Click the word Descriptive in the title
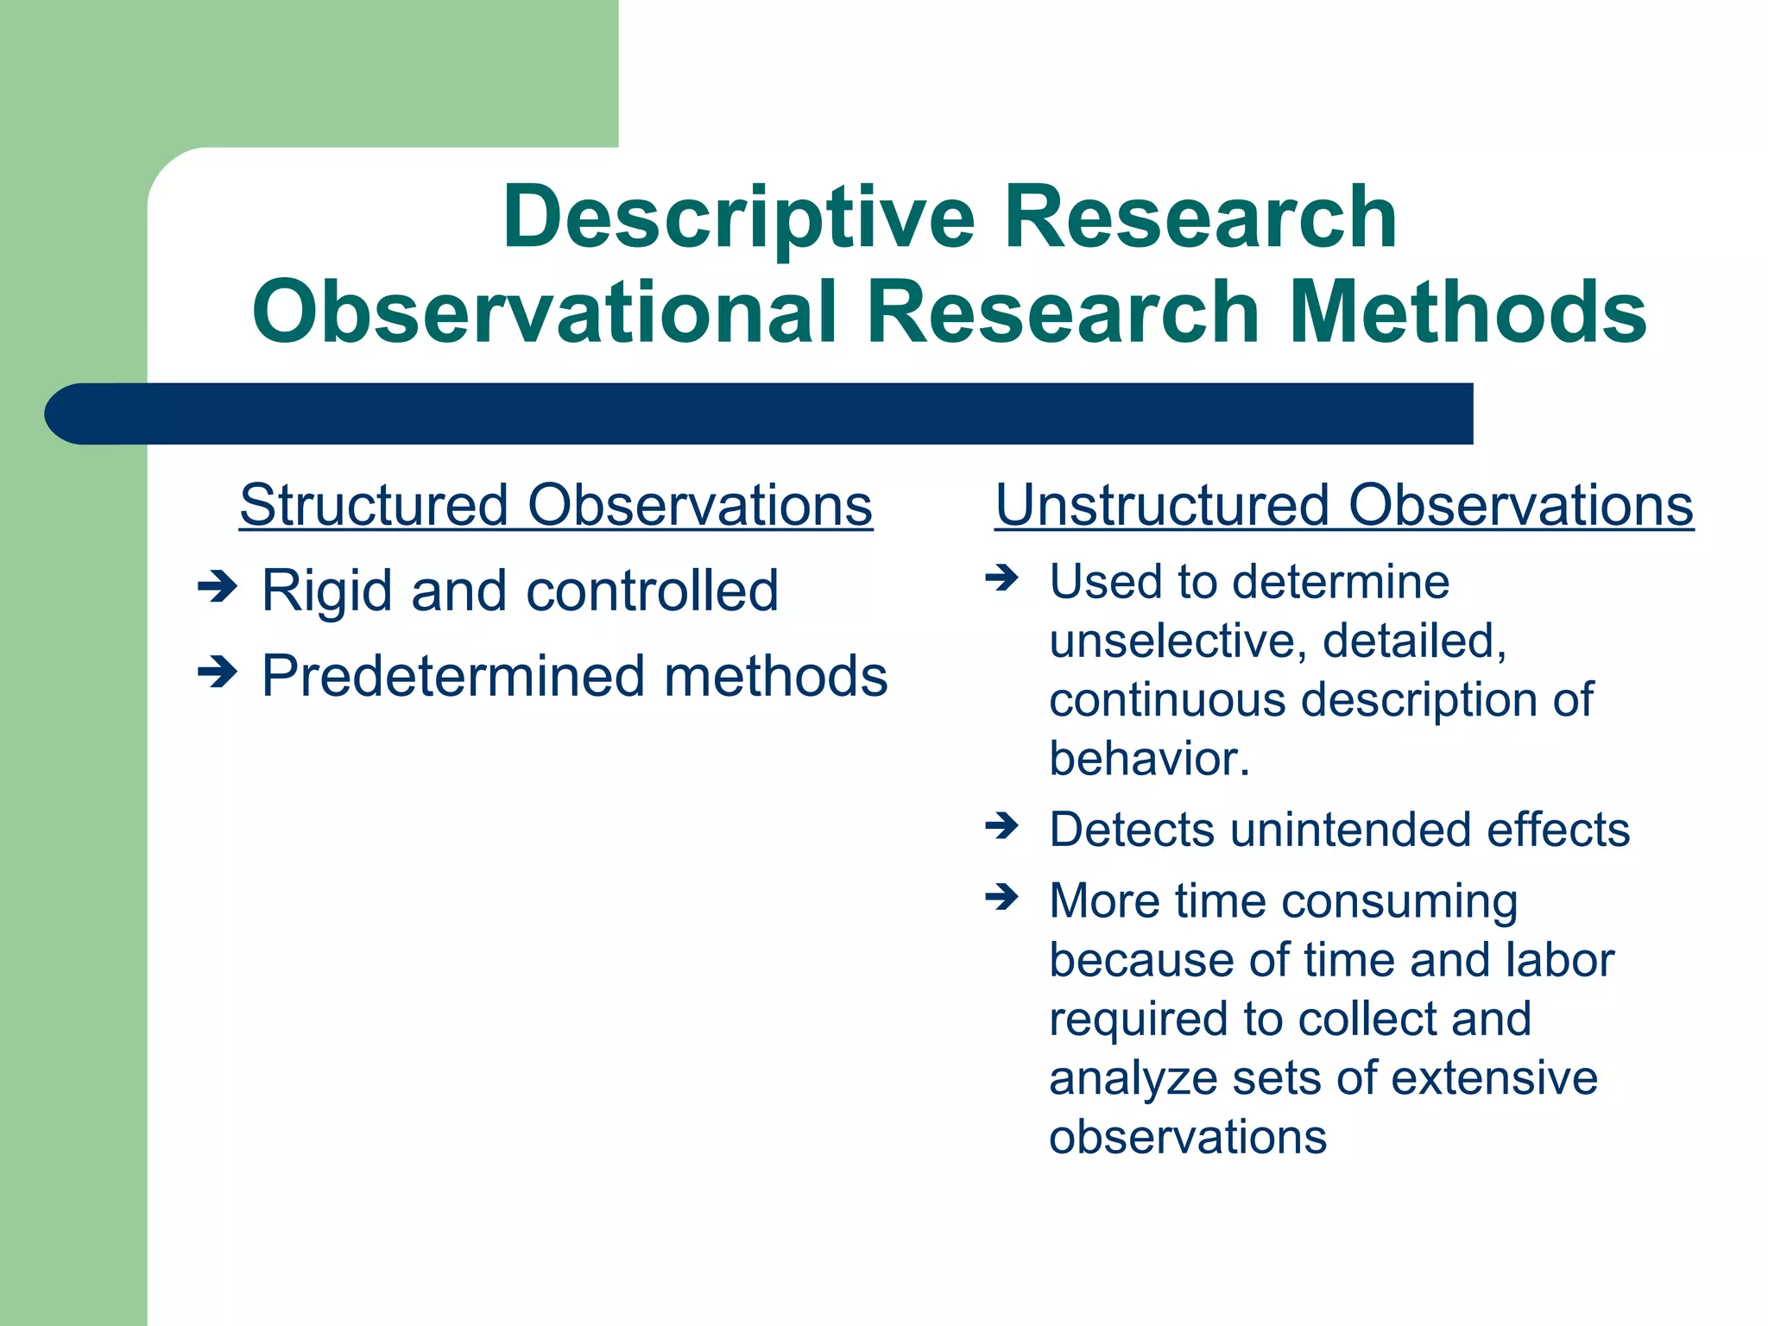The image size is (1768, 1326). click(739, 218)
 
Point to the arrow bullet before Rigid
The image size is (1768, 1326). click(217, 589)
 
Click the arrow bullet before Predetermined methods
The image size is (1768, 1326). click(217, 672)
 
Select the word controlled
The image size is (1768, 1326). click(652, 592)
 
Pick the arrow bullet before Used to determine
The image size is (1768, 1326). click(1002, 577)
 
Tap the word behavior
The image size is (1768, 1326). click(1147, 759)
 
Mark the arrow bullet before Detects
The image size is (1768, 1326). click(1002, 826)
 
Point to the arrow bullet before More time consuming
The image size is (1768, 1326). click(1002, 897)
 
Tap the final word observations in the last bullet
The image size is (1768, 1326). click(1187, 1137)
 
